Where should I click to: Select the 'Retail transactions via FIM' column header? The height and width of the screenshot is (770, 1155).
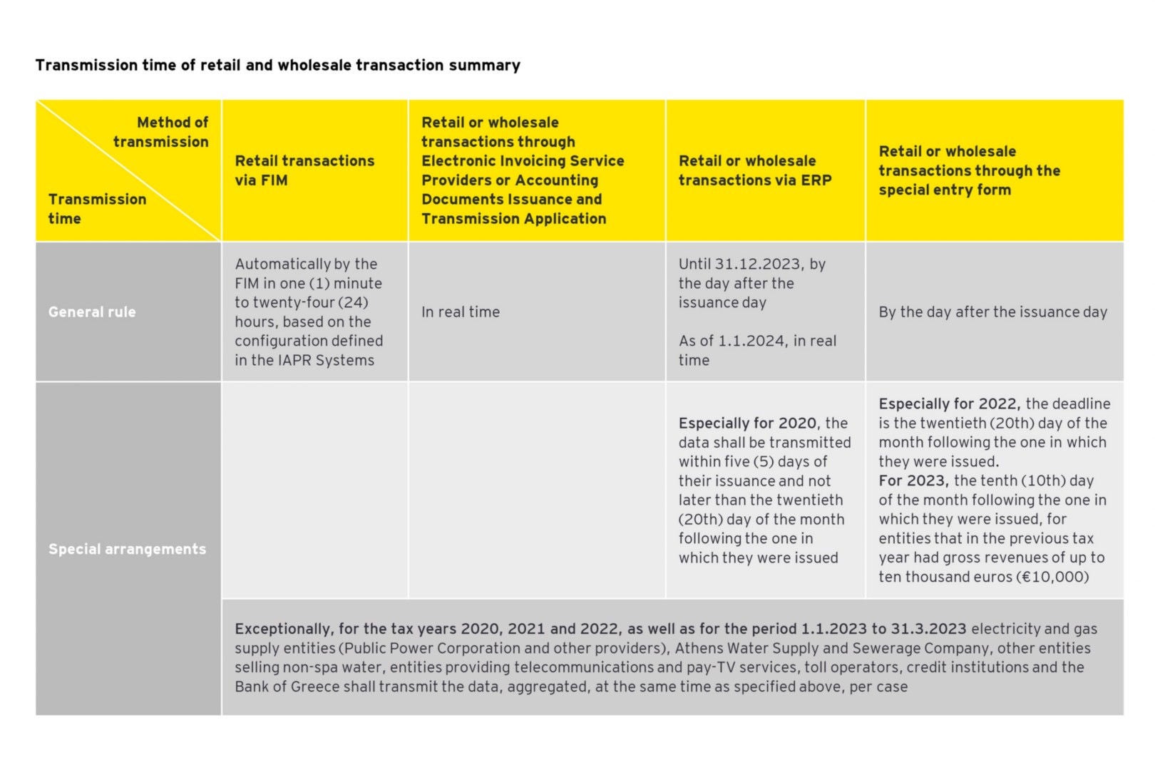click(x=304, y=170)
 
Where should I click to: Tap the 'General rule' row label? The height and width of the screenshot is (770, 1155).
click(x=92, y=312)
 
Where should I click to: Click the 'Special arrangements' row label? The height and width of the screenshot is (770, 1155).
click(x=127, y=549)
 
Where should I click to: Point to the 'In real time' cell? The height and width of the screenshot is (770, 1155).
click(x=461, y=312)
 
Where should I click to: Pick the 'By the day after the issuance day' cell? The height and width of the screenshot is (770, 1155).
click(x=992, y=312)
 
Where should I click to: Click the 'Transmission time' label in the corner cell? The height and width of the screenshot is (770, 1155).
click(x=97, y=209)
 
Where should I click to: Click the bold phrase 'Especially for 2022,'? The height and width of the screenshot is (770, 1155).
click(x=949, y=404)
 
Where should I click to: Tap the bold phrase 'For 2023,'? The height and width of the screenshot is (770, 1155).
click(x=913, y=481)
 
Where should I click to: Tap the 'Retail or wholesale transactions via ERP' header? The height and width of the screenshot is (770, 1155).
click(x=755, y=170)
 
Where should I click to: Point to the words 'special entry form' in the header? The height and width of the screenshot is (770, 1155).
click(x=945, y=190)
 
